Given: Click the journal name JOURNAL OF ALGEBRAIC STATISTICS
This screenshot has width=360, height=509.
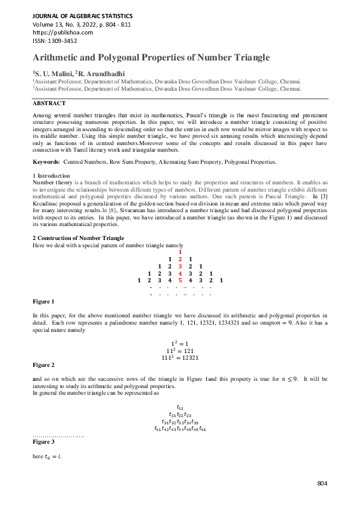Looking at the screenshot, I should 82,15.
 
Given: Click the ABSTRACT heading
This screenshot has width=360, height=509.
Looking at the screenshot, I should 49,103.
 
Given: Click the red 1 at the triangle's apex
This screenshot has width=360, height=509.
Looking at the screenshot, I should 180,251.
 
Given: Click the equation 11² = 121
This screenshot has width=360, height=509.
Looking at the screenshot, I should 180,350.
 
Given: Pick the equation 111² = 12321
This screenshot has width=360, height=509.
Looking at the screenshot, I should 180,357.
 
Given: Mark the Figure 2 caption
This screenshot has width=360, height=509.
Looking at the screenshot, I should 43,365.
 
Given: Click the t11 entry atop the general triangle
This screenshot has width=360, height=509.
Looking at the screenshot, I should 180,407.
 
